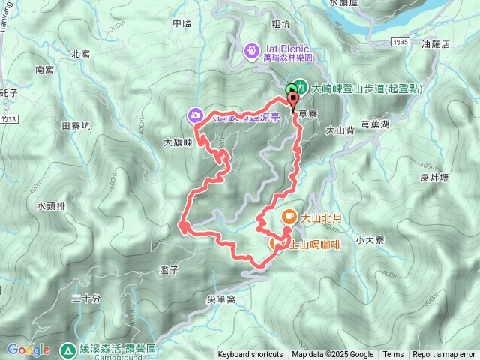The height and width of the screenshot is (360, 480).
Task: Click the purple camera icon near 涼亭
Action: pyautogui.click(x=196, y=115)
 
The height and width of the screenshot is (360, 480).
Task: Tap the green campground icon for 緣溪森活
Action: pyautogui.click(x=68, y=349)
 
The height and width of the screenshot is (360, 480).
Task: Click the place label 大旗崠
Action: pyautogui.click(x=178, y=141)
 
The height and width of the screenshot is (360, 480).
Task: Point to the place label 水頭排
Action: pyautogui.click(x=51, y=205)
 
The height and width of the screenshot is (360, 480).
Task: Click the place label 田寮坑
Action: pyautogui.click(x=75, y=126)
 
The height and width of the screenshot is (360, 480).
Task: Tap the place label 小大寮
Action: pyautogui.click(x=370, y=240)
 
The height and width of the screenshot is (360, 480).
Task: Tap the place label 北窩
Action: pyautogui.click(x=80, y=53)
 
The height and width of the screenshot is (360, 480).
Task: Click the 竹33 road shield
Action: pyautogui.click(x=9, y=118)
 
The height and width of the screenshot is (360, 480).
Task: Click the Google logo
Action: pyautogui.click(x=28, y=349)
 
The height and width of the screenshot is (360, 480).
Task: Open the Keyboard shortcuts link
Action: pyautogui.click(x=250, y=355)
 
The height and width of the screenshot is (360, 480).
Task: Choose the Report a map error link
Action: pyautogui.click(x=444, y=355)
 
